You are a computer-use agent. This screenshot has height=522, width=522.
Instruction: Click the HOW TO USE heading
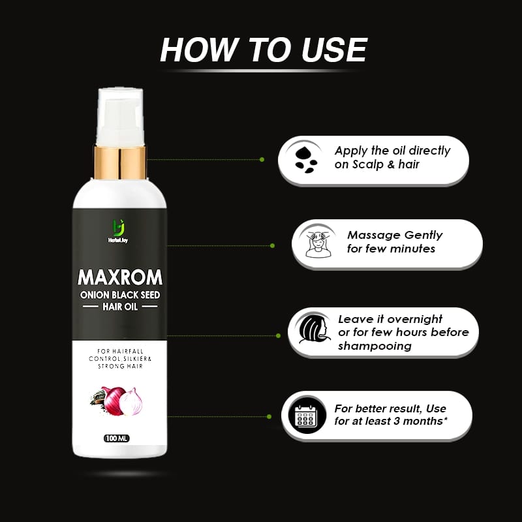pos(264,50)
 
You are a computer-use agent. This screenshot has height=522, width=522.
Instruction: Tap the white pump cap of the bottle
pos(120,117)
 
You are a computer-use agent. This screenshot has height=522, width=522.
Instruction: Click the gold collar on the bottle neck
pos(120,162)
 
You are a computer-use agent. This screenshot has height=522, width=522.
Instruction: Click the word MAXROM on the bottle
pos(120,277)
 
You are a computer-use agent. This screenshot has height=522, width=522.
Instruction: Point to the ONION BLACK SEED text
pos(120,295)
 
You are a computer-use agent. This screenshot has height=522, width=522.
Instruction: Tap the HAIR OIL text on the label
pos(120,306)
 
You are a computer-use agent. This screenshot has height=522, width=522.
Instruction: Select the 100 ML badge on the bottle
pos(117,438)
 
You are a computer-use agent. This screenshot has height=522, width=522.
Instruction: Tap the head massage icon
pos(318,244)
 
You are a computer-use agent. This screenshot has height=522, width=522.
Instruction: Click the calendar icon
pos(305,416)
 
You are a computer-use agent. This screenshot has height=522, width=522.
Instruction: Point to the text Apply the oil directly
pos(393,151)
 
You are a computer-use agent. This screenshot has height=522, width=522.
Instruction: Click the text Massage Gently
pos(395,235)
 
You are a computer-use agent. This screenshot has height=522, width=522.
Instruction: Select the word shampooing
pos(375,346)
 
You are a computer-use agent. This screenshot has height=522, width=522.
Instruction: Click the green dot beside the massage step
pos(272,246)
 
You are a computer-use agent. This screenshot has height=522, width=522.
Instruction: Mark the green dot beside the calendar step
pos(269,416)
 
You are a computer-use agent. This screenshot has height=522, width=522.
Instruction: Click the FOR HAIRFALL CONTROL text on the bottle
pos(120,355)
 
